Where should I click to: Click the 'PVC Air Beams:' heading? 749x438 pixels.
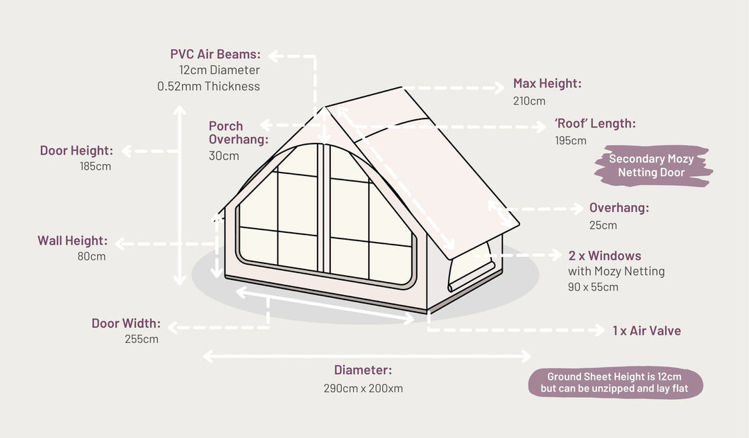(x=215, y=54)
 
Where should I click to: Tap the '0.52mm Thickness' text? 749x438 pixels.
(x=209, y=87)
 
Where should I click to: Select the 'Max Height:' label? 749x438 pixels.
(x=547, y=84)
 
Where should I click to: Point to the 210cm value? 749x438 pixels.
(x=529, y=101)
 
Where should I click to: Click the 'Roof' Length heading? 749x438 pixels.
(x=595, y=124)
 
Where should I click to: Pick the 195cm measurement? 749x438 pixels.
(x=570, y=141)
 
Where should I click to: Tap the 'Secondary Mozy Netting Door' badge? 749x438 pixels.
(x=651, y=166)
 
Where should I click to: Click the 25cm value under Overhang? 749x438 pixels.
(x=603, y=225)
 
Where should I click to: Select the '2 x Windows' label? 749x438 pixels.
(x=605, y=256)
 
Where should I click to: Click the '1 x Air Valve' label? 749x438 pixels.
(x=646, y=331)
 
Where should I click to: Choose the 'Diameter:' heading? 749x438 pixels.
(x=363, y=370)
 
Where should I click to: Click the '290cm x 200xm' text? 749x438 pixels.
(x=363, y=388)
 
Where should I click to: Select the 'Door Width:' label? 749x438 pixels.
(x=126, y=324)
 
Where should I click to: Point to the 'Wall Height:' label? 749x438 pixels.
(x=72, y=241)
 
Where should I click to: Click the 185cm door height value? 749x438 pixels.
(x=94, y=166)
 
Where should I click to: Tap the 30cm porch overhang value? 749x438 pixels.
(x=223, y=156)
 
